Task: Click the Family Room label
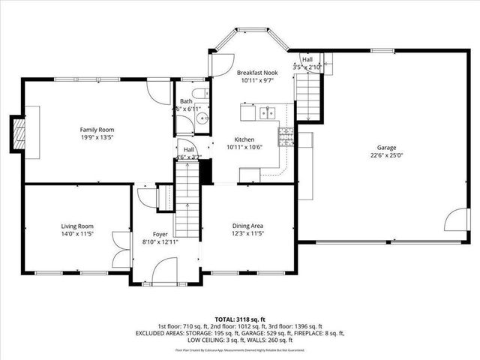(97, 130)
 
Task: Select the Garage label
(386, 148)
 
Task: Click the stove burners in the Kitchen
(285, 136)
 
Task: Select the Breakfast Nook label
(256, 73)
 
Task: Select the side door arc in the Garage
(454, 220)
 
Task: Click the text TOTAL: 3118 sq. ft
(239, 319)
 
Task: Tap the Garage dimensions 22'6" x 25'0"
(386, 156)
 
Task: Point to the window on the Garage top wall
(382, 50)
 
